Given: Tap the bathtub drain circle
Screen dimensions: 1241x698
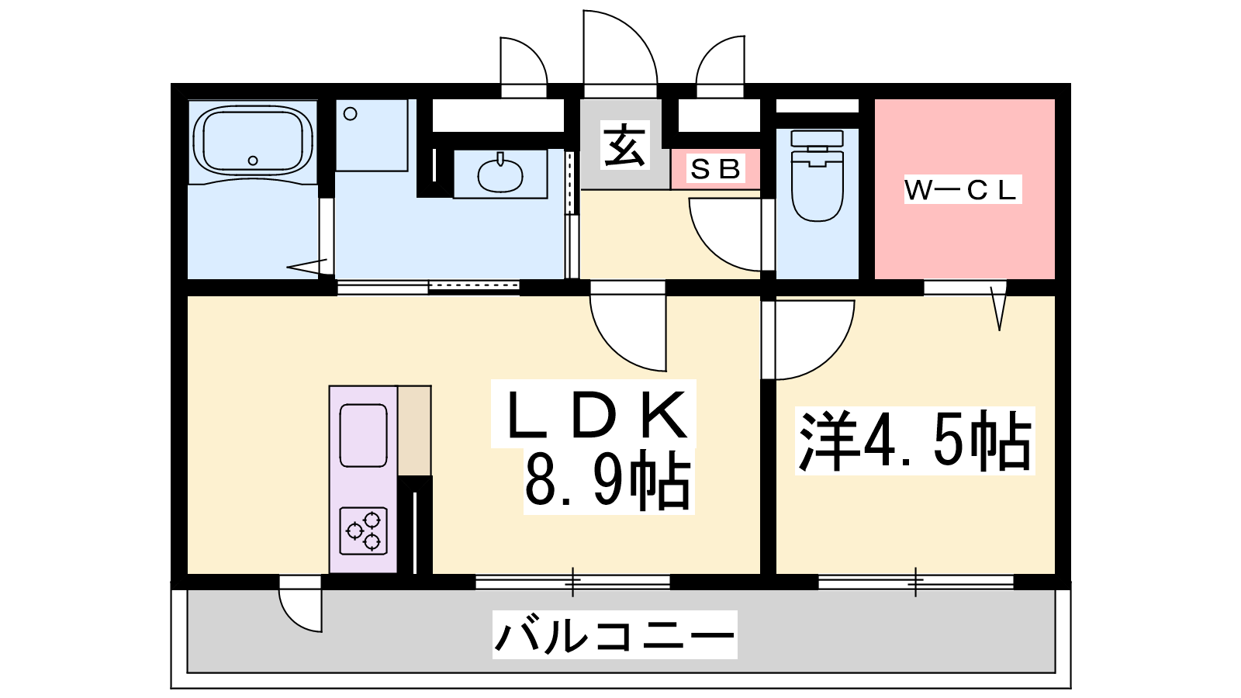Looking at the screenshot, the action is click(x=253, y=161).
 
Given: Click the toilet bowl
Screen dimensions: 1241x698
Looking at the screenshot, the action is click(x=818, y=186).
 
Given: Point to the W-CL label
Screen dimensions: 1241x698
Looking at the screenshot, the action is click(x=963, y=190).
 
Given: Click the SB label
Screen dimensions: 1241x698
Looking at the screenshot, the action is click(x=715, y=169).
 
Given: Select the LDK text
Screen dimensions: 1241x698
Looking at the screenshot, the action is click(x=594, y=414).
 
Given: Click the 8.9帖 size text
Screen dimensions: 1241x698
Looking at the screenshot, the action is click(x=608, y=481).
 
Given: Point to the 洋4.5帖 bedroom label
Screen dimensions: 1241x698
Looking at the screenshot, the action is click(x=914, y=441).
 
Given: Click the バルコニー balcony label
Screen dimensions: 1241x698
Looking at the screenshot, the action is click(x=614, y=635).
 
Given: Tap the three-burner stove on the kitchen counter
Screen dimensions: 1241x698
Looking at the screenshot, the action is click(x=364, y=530).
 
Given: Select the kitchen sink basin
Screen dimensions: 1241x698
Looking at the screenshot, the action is click(x=364, y=436).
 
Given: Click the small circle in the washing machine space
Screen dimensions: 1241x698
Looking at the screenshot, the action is click(x=350, y=114).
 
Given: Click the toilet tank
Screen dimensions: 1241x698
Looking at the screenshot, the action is click(x=818, y=139).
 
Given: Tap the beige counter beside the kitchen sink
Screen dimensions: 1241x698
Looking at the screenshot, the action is click(x=414, y=431).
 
